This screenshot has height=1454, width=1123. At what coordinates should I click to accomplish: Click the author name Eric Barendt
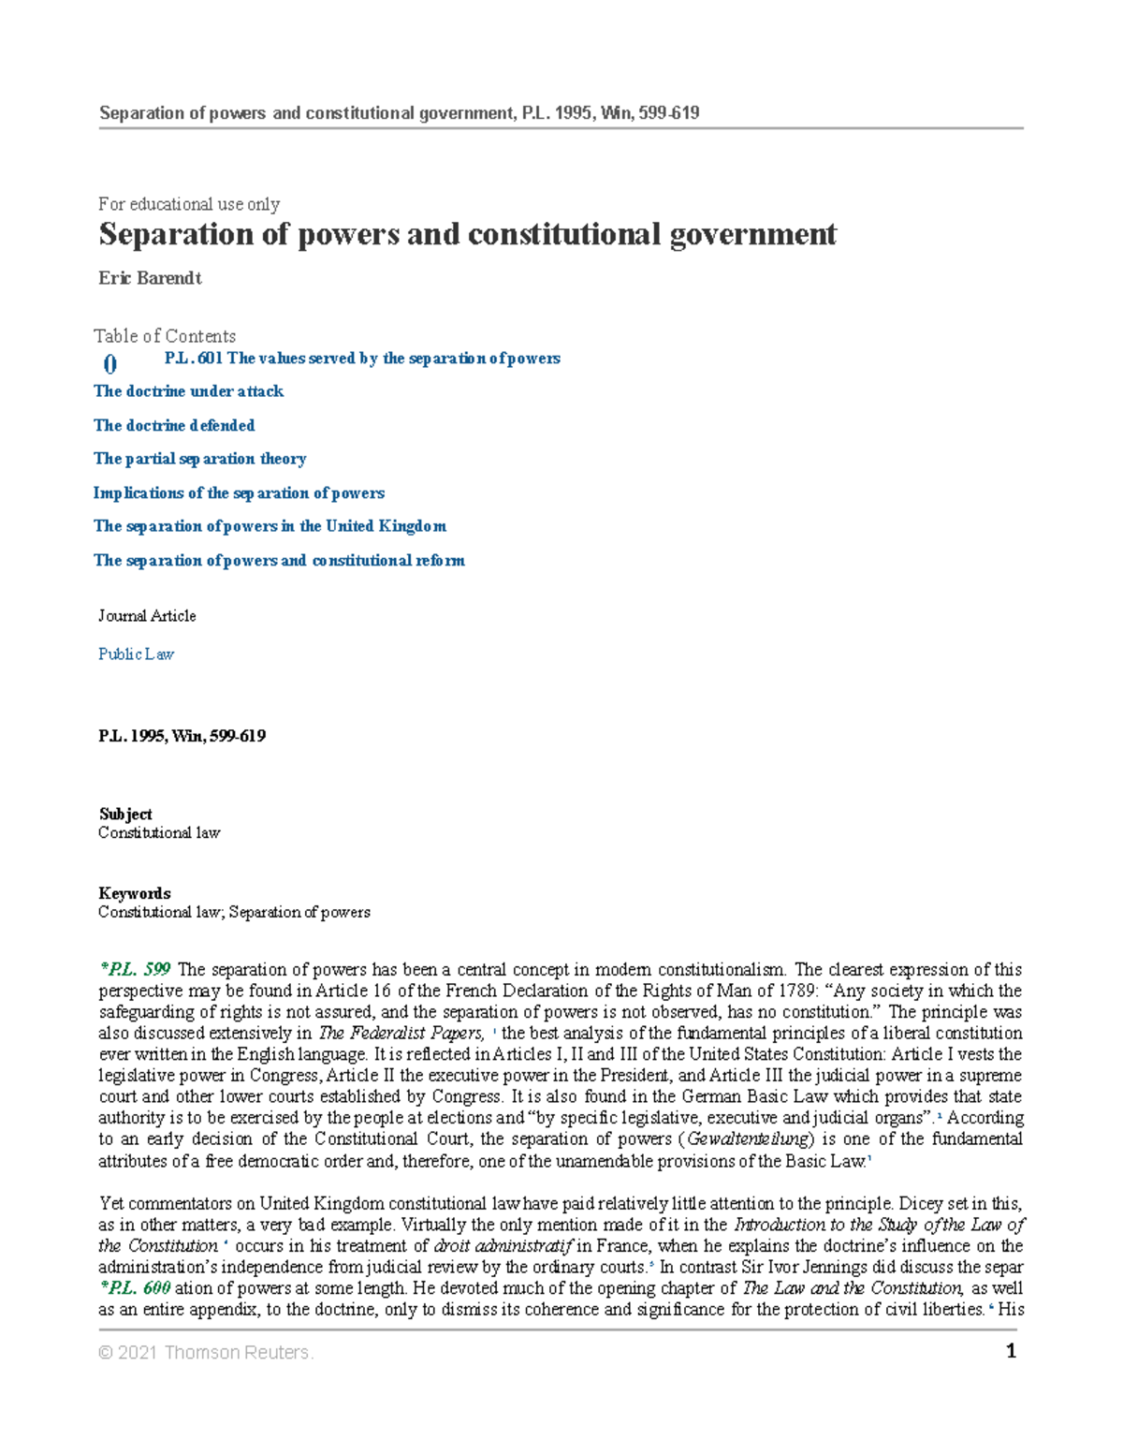tap(150, 278)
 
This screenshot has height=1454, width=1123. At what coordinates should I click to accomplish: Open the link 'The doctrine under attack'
tap(188, 391)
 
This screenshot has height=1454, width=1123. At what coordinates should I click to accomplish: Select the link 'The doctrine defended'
tap(174, 425)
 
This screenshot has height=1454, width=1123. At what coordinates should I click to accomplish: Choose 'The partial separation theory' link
tap(199, 459)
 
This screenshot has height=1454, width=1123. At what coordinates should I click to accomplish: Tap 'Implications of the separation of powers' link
tap(239, 492)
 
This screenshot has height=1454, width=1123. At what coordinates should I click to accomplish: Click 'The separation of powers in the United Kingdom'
tap(270, 526)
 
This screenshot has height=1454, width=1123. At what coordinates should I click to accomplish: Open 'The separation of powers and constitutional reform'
tap(279, 560)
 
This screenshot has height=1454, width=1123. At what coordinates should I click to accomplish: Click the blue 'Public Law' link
tap(136, 654)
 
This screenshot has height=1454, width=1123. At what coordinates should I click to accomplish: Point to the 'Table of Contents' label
tap(165, 336)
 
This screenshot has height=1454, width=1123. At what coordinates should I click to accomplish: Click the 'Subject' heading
tap(125, 815)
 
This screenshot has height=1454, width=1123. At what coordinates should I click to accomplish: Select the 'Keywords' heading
tap(135, 893)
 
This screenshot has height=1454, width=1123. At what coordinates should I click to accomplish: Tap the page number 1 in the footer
tap(1011, 1351)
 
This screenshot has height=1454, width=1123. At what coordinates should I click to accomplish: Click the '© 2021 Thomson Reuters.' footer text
tap(206, 1353)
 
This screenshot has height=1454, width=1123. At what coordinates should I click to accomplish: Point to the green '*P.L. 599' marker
tap(135, 970)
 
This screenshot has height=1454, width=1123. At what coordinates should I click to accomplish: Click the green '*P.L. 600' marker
tap(135, 1288)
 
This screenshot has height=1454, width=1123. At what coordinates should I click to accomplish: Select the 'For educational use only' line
tap(189, 204)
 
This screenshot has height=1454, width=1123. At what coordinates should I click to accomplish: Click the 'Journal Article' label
tap(147, 616)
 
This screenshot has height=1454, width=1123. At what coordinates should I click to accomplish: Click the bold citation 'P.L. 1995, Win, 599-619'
tap(182, 736)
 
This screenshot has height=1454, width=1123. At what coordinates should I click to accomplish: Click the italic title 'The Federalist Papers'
tap(401, 1034)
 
